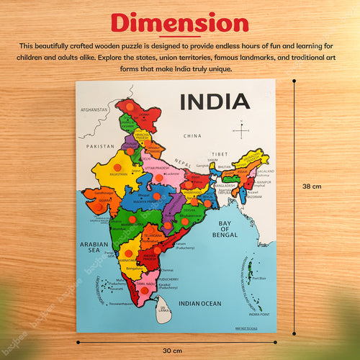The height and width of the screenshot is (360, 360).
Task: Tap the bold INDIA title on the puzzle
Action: pos(215,102)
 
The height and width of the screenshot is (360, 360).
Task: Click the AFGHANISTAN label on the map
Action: pos(94,109)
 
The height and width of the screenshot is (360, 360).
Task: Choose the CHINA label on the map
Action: pos(192,135)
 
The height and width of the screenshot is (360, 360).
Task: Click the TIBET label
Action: pos(220,153)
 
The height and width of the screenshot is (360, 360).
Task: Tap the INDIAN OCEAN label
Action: pos(201,304)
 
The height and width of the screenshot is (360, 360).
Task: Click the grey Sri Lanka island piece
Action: pos(165,312)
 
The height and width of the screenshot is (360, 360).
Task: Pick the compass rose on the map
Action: pos(238,130)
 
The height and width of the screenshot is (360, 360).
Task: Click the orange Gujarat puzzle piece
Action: pos(96,200)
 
